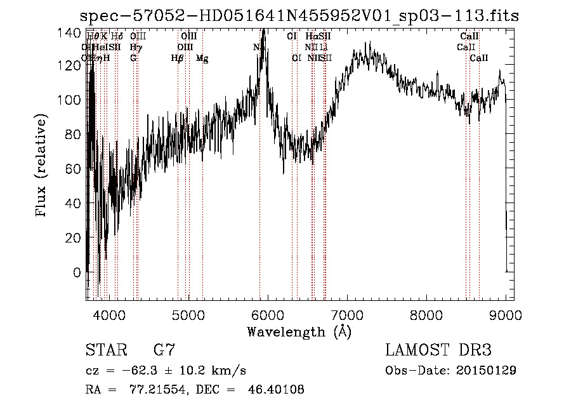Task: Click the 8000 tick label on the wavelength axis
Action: tap(426, 314)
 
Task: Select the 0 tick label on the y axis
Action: tap(77, 272)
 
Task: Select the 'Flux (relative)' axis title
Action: tap(42, 166)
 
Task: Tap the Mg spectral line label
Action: tap(202, 58)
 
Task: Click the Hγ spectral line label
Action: tap(135, 47)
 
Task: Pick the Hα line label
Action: tap(311, 36)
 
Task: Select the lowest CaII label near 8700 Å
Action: tap(479, 58)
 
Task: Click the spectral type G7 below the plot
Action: tap(164, 350)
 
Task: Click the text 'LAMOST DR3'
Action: tap(438, 350)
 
